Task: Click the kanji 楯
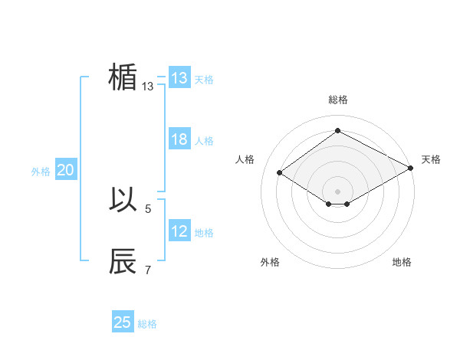click(x=123, y=77)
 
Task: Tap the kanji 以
click(x=123, y=200)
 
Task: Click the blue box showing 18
click(x=179, y=139)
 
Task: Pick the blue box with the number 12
click(x=179, y=231)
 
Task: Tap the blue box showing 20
click(x=65, y=171)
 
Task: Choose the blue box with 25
click(x=123, y=322)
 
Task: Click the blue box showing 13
click(x=179, y=78)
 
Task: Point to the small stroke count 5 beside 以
click(x=148, y=208)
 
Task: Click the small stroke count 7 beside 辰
click(x=148, y=270)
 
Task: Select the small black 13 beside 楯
click(x=148, y=87)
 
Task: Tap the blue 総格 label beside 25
click(x=147, y=324)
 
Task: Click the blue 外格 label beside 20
click(x=41, y=172)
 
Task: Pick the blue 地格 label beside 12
click(x=204, y=233)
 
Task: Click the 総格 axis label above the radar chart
click(x=338, y=100)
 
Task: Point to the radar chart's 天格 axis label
click(x=431, y=159)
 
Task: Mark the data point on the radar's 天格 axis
click(x=412, y=169)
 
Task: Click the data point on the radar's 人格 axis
click(x=280, y=173)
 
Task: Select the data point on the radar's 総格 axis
click(x=337, y=131)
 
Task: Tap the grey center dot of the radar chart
click(x=337, y=191)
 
